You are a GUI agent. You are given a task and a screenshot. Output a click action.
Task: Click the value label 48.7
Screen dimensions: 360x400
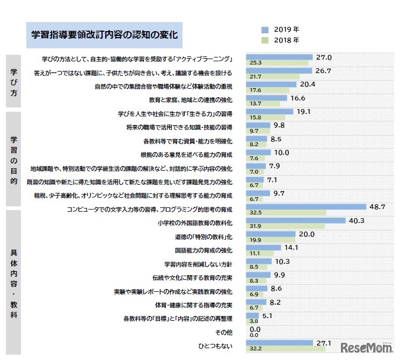click(379, 206)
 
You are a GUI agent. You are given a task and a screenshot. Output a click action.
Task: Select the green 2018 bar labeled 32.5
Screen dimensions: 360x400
click(286, 213)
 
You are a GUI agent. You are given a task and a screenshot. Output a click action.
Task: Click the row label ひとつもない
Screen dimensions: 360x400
click(217, 346)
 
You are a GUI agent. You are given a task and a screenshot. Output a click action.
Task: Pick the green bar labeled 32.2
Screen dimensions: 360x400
click(285, 349)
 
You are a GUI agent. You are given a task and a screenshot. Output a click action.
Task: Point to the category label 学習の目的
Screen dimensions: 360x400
click(13, 158)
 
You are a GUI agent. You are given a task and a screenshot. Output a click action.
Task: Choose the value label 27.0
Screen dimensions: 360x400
click(324, 57)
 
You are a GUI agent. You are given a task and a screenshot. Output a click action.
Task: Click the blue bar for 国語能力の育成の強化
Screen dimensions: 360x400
click(263, 248)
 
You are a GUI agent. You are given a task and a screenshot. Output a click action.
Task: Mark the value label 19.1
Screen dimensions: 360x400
click(304, 112)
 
